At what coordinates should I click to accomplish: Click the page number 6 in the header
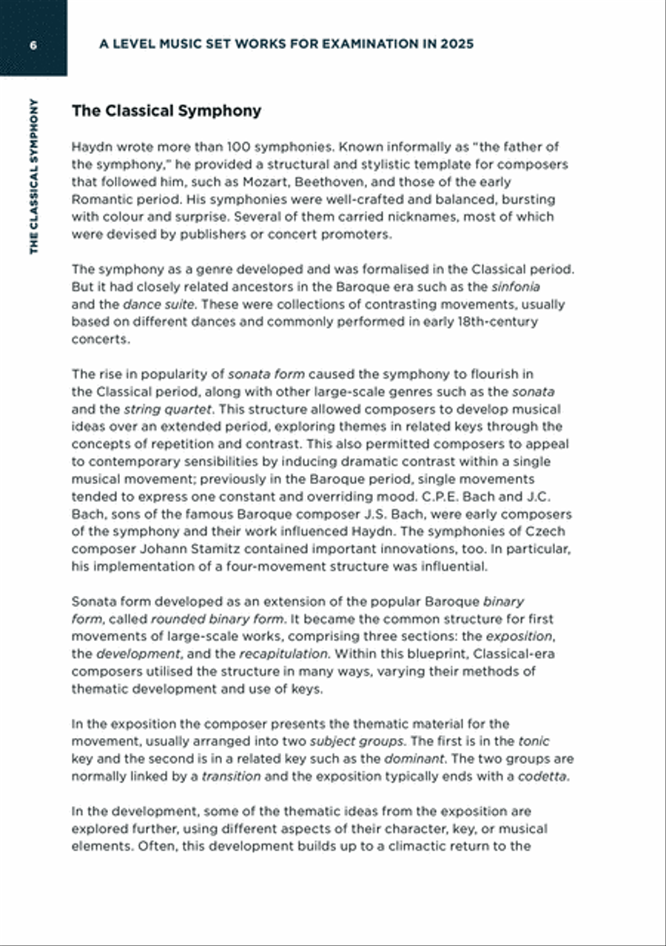point(33,44)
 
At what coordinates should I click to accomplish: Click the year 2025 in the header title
point(457,44)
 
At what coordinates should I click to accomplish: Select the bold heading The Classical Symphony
point(166,111)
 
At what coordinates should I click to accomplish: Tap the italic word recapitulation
point(283,654)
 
